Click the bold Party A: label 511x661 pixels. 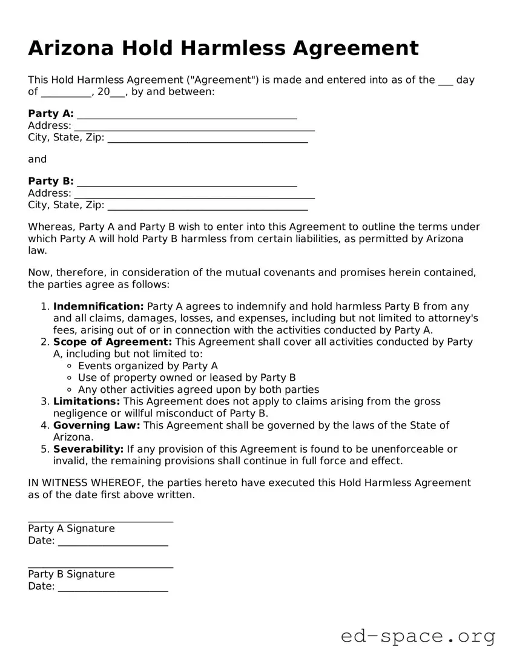point(51,114)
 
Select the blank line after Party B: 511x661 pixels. point(187,183)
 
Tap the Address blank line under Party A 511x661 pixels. point(194,128)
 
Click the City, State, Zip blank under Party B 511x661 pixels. point(207,207)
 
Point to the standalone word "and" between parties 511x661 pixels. point(37,159)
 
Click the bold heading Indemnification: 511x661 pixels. point(98,306)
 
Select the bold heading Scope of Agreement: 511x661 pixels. point(113,342)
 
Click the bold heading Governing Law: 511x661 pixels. point(96,426)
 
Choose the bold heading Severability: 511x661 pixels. point(88,449)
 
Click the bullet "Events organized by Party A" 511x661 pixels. point(148,366)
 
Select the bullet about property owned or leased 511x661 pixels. point(186,378)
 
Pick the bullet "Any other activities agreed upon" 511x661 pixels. point(198,390)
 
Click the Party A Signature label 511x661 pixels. point(71,528)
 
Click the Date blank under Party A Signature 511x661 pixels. point(113,543)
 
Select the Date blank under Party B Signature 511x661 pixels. point(113,588)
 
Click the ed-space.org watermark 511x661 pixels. point(418,636)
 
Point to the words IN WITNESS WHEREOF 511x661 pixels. point(80,483)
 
